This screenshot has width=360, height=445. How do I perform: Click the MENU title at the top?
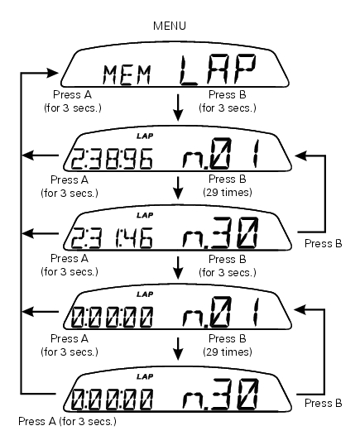[x=170, y=26]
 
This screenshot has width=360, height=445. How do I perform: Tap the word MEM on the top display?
[x=127, y=75]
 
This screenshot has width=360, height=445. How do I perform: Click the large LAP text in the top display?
[x=218, y=70]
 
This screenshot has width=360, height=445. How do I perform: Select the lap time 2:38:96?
[x=112, y=159]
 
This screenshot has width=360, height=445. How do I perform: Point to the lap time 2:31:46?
[x=112, y=238]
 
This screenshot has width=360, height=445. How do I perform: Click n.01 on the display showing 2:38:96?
[x=221, y=153]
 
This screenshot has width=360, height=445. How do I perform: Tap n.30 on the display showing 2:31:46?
[x=221, y=232]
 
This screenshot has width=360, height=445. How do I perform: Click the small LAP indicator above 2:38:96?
[x=145, y=136]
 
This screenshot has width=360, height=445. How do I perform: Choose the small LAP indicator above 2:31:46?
[x=145, y=215]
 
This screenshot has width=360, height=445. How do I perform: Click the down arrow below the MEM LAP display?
[x=178, y=108]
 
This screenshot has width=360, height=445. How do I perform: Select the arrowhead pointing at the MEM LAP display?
[x=52, y=73]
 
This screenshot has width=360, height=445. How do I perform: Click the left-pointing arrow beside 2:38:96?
[x=41, y=156]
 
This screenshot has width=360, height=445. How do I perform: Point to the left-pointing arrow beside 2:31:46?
[x=41, y=234]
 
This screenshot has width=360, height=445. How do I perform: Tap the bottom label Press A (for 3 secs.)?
[x=67, y=422]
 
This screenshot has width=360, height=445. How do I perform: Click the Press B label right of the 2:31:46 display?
[x=323, y=243]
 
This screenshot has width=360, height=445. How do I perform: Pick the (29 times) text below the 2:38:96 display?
[x=228, y=193]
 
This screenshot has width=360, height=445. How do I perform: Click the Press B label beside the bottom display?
[x=323, y=403]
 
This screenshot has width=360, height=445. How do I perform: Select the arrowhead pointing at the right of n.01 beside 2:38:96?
[x=300, y=156]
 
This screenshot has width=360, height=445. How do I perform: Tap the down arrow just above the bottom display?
[x=178, y=349]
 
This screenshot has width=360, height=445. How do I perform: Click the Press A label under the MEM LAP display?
[x=72, y=94]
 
